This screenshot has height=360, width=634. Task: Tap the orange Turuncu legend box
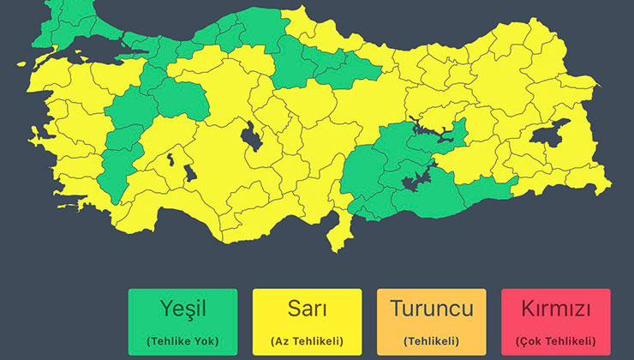tap(431, 321)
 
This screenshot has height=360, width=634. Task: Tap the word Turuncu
tap(431, 309)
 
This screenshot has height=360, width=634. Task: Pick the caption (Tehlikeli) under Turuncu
tap(431, 340)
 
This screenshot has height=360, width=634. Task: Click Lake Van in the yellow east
tap(550, 135)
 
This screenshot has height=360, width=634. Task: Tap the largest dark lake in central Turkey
tap(254, 135)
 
